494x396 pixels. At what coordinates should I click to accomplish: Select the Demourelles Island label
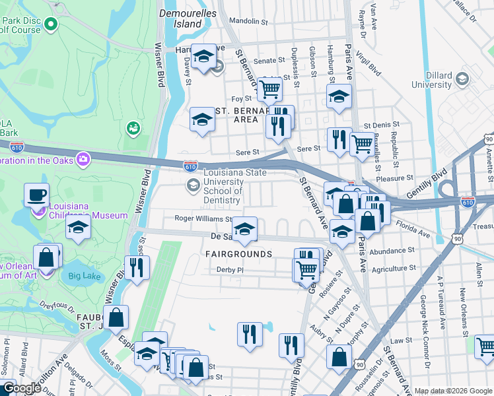(181, 18)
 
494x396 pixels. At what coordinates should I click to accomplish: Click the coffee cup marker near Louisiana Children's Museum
(36, 195)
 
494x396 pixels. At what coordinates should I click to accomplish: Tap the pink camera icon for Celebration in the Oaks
(83, 159)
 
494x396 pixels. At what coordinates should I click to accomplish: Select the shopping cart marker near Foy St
(269, 88)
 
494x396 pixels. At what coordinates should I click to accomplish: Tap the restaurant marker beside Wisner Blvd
(137, 267)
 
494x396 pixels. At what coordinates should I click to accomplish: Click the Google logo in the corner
(21, 388)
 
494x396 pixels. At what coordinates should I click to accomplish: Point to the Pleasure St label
(394, 178)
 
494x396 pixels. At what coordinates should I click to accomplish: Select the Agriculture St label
(393, 269)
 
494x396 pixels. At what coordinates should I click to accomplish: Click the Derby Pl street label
(230, 269)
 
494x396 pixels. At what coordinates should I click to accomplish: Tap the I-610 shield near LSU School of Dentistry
(190, 167)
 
